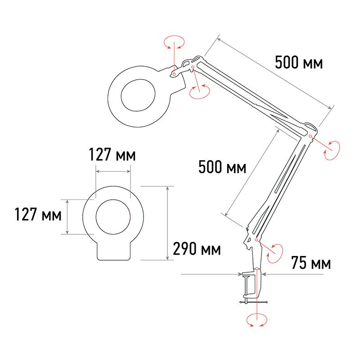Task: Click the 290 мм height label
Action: (197, 249)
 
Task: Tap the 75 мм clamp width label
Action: (311, 262)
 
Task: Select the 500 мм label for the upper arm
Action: (299, 62)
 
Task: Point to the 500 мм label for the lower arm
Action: (222, 166)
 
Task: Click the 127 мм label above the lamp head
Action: (112, 154)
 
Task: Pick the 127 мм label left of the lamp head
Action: (38, 214)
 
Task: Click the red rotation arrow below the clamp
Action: (257, 320)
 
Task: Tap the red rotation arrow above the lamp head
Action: (174, 42)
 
